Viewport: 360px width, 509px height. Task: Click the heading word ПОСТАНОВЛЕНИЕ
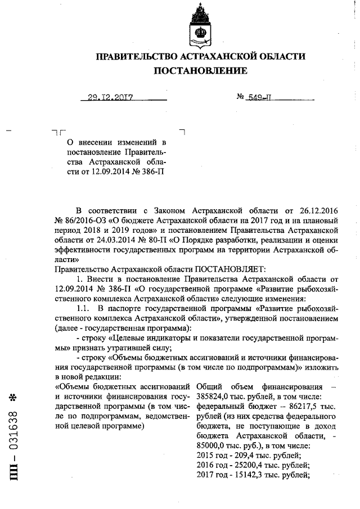pyautogui.click(x=201, y=71)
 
